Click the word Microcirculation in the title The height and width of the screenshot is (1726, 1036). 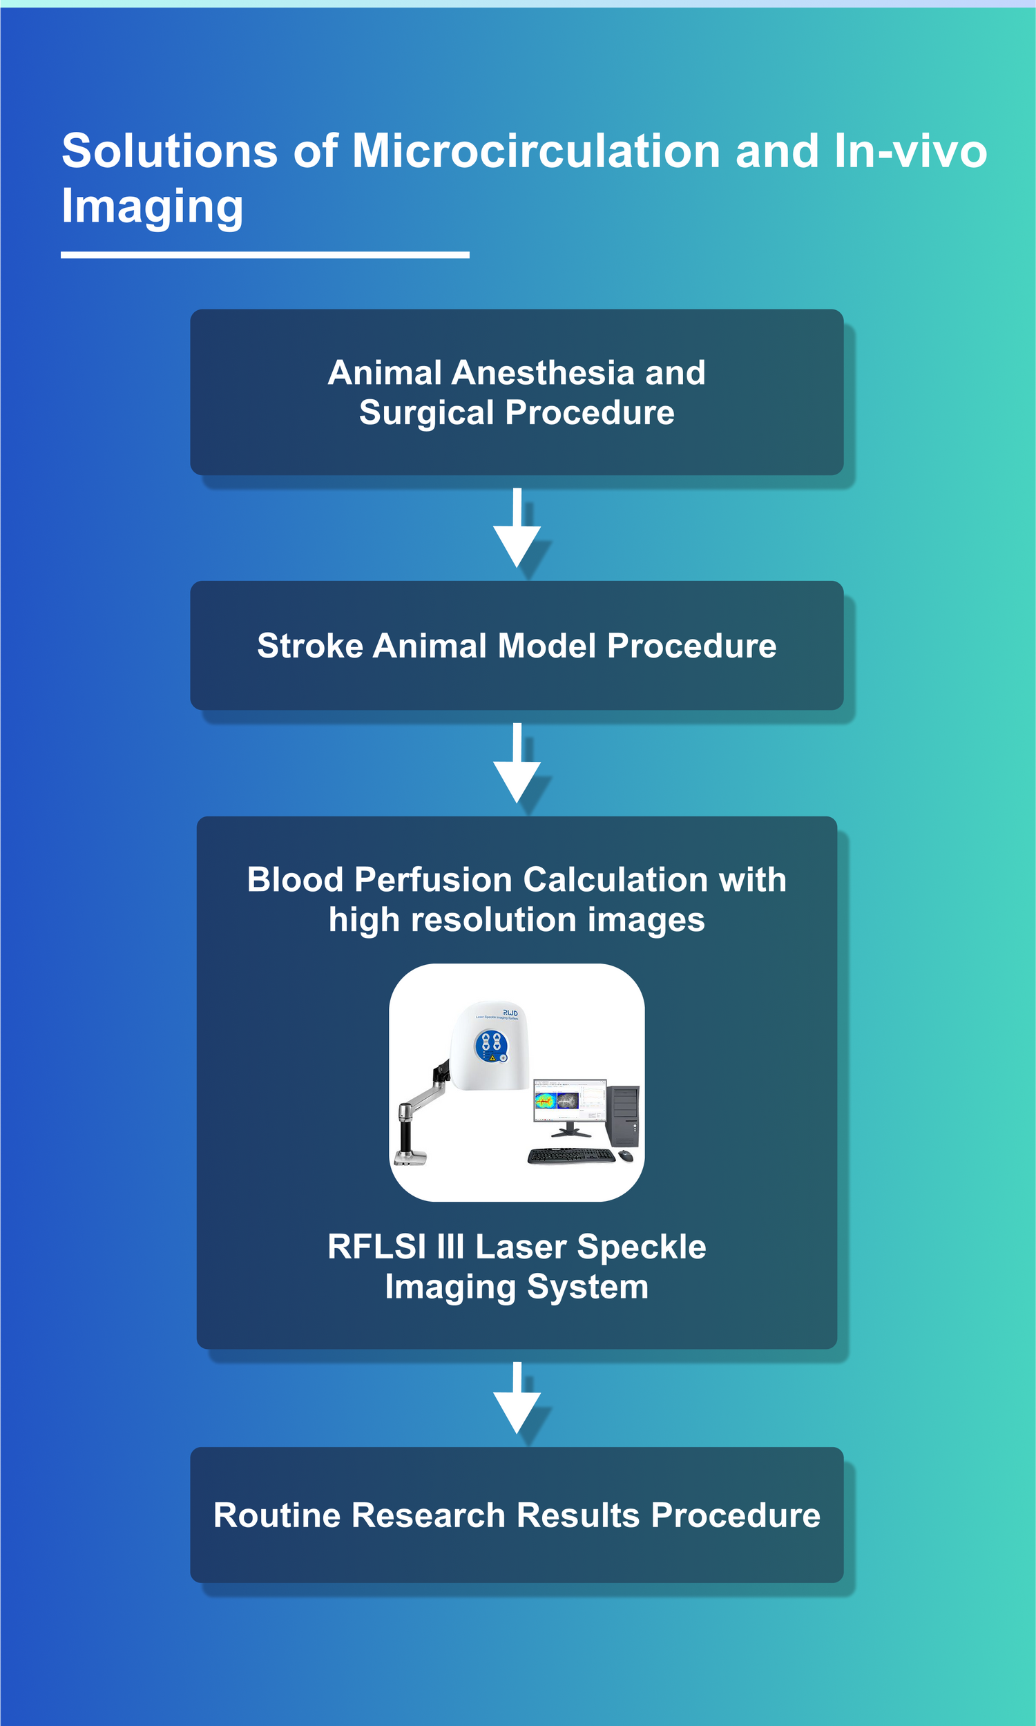[535, 151]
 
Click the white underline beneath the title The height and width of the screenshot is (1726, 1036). [265, 256]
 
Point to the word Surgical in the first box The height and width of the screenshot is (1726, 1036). [427, 412]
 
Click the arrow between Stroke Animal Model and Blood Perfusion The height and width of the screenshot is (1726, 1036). [517, 765]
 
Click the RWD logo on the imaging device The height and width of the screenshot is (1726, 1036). [510, 1013]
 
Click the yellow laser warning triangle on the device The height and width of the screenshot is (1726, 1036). [493, 1058]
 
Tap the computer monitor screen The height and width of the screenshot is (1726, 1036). [569, 1101]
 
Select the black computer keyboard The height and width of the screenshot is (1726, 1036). [571, 1156]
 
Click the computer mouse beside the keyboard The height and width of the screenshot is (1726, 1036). [626, 1156]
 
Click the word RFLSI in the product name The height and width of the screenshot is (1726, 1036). [376, 1247]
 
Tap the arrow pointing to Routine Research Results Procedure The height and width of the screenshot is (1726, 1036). [517, 1398]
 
